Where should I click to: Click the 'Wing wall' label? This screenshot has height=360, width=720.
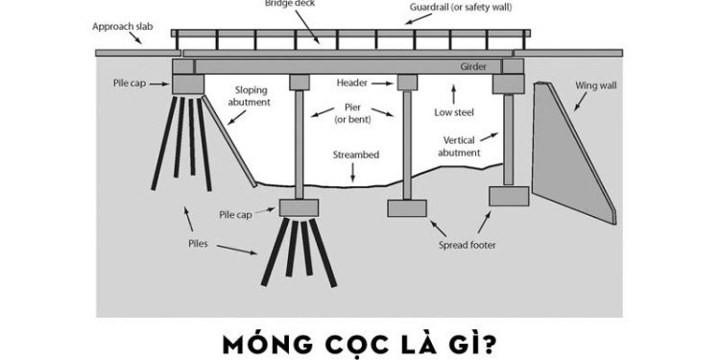tap(593, 85)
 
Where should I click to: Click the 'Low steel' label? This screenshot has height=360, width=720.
tap(456, 112)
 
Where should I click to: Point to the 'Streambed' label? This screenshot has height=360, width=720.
tap(353, 154)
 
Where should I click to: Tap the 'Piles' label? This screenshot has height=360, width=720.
tap(199, 244)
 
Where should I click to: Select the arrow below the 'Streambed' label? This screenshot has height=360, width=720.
tap(353, 173)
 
